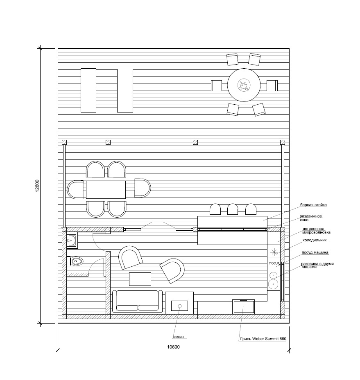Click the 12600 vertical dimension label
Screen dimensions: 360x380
(x=37, y=186)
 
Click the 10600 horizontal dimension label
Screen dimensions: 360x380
(x=174, y=347)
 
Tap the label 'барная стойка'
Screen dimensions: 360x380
(x=313, y=205)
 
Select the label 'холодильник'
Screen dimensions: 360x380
(x=315, y=240)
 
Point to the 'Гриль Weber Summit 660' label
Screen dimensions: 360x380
(x=263, y=339)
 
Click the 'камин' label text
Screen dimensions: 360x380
(x=178, y=337)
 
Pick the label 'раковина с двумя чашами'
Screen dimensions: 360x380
(x=317, y=265)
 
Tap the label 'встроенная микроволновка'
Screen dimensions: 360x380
(x=316, y=230)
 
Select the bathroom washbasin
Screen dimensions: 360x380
(x=72, y=241)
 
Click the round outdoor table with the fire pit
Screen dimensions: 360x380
(x=244, y=85)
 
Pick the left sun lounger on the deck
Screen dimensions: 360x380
(x=88, y=90)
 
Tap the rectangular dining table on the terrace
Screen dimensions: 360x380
(x=106, y=189)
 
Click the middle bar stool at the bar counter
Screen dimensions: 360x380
(x=232, y=209)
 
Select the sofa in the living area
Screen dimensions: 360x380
(x=137, y=301)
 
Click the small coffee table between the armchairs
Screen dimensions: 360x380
(x=140, y=279)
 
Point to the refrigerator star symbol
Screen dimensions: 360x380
(x=274, y=252)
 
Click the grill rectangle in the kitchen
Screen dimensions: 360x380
(x=244, y=307)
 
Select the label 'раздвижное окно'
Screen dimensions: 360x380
(x=311, y=218)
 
